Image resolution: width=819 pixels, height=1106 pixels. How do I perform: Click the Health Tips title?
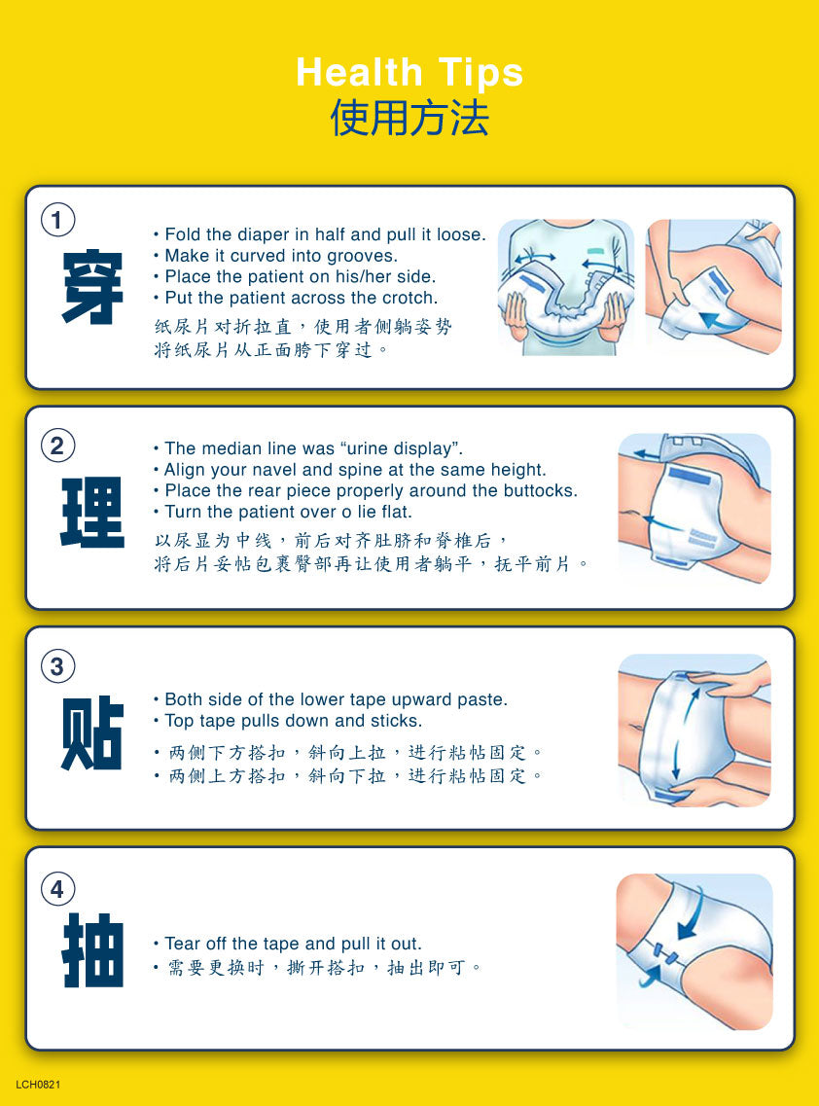click(409, 73)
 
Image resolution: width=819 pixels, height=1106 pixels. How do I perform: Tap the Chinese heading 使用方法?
click(409, 117)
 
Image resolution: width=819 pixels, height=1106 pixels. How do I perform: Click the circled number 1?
click(57, 220)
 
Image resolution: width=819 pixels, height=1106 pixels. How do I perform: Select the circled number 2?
click(57, 446)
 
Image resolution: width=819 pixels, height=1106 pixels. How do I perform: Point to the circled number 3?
click(57, 666)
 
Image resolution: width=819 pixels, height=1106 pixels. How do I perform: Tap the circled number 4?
click(57, 889)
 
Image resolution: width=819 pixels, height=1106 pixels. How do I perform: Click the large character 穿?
click(92, 286)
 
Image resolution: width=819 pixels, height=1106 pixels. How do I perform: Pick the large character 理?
click(92, 512)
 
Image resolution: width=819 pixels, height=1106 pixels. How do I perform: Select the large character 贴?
click(92, 732)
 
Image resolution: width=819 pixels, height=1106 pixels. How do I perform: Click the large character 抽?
click(92, 950)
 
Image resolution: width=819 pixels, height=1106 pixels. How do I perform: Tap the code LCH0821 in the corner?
click(38, 1085)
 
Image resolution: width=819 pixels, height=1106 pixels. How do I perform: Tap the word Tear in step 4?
click(181, 944)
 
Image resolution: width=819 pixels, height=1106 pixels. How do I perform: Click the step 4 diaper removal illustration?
click(694, 951)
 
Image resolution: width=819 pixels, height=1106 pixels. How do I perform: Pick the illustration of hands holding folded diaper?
click(566, 286)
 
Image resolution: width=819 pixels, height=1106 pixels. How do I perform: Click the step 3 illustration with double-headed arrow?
click(694, 731)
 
